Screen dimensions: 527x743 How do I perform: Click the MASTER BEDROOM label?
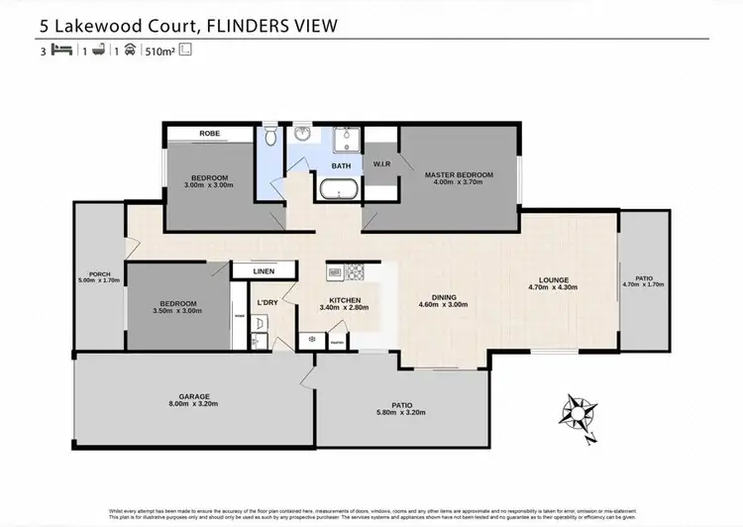pyautogui.click(x=459, y=174)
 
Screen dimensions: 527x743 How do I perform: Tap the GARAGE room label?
pyautogui.click(x=194, y=396)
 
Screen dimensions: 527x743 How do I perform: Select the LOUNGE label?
pyautogui.click(x=555, y=279)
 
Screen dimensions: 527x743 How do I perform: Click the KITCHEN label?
pyautogui.click(x=345, y=300)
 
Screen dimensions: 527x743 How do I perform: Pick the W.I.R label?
pyautogui.click(x=383, y=163)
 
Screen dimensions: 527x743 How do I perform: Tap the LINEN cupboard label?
pyautogui.click(x=264, y=270)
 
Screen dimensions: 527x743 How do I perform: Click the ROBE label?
pyautogui.click(x=209, y=133)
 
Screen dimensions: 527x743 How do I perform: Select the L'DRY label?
pyautogui.click(x=265, y=301)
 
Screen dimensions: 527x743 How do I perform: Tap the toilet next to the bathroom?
pyautogui.click(x=270, y=135)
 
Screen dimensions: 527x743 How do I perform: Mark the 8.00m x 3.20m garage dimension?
pyautogui.click(x=194, y=404)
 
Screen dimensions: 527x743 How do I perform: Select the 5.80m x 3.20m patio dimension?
pyautogui.click(x=401, y=412)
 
